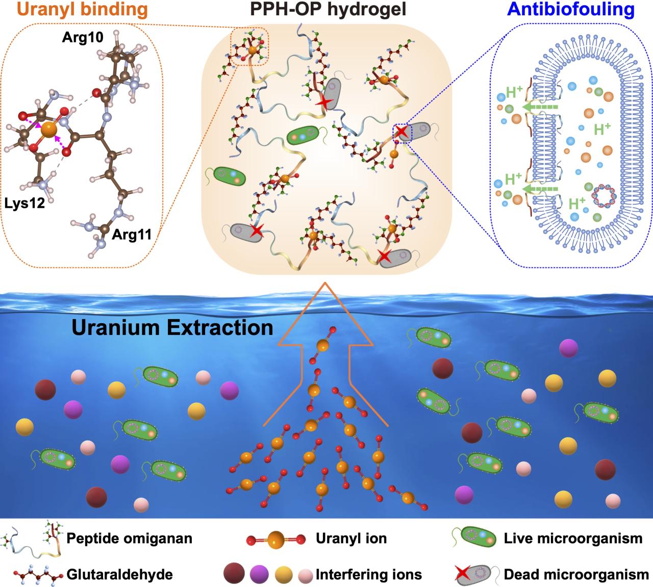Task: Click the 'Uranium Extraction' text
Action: coord(172,327)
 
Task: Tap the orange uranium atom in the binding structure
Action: coord(48,129)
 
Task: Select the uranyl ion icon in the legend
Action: coord(276,539)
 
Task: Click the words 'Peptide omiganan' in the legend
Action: coord(129,538)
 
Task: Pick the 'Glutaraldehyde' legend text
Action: coord(119,574)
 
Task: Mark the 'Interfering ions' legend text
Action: coord(369,574)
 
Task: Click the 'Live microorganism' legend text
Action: coord(573,538)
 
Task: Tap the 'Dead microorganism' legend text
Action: coord(576,574)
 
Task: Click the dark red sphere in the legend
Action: coord(233,574)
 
